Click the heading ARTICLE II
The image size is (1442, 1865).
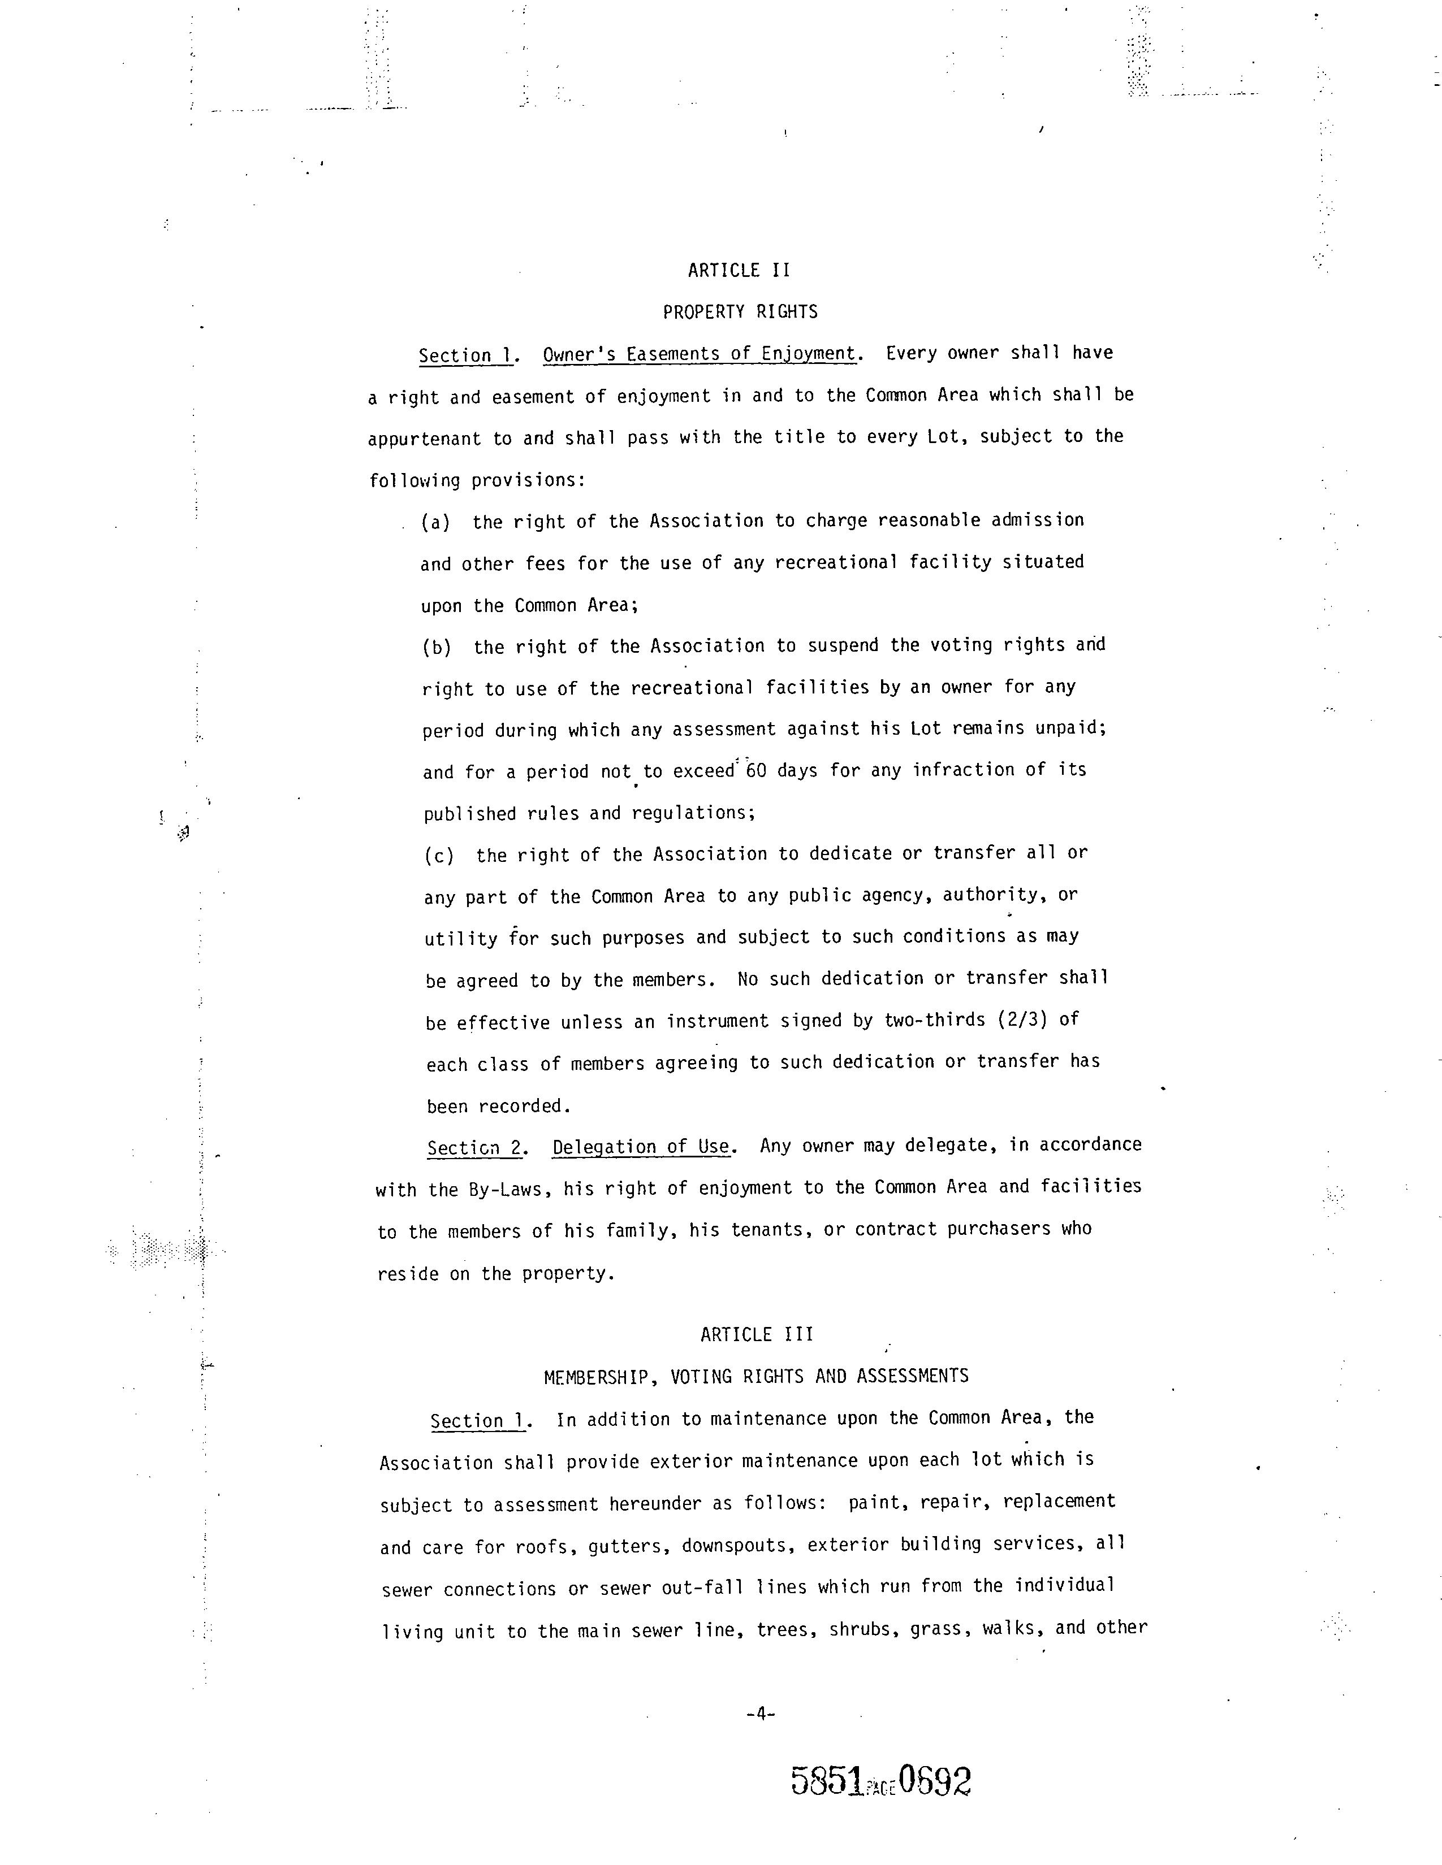tap(739, 271)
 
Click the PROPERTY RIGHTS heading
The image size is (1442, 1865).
tap(740, 313)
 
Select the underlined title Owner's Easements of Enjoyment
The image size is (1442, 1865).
tap(699, 354)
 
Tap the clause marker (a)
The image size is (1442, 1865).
tap(435, 522)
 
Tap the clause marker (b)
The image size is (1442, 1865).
tap(437, 647)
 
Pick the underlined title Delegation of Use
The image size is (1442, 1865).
tap(641, 1147)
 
